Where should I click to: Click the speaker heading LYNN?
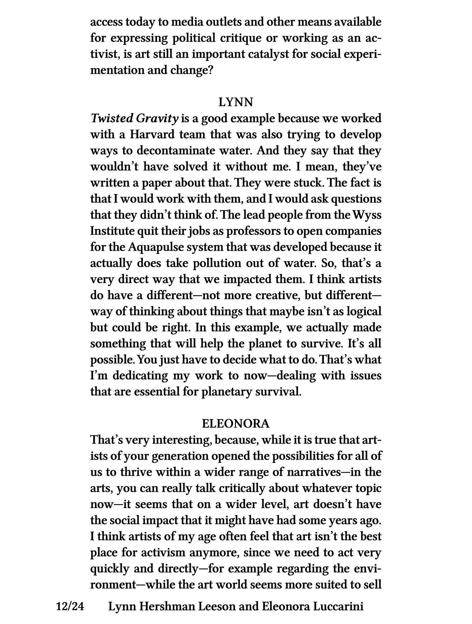click(x=236, y=102)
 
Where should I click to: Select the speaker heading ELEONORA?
click(x=236, y=424)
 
